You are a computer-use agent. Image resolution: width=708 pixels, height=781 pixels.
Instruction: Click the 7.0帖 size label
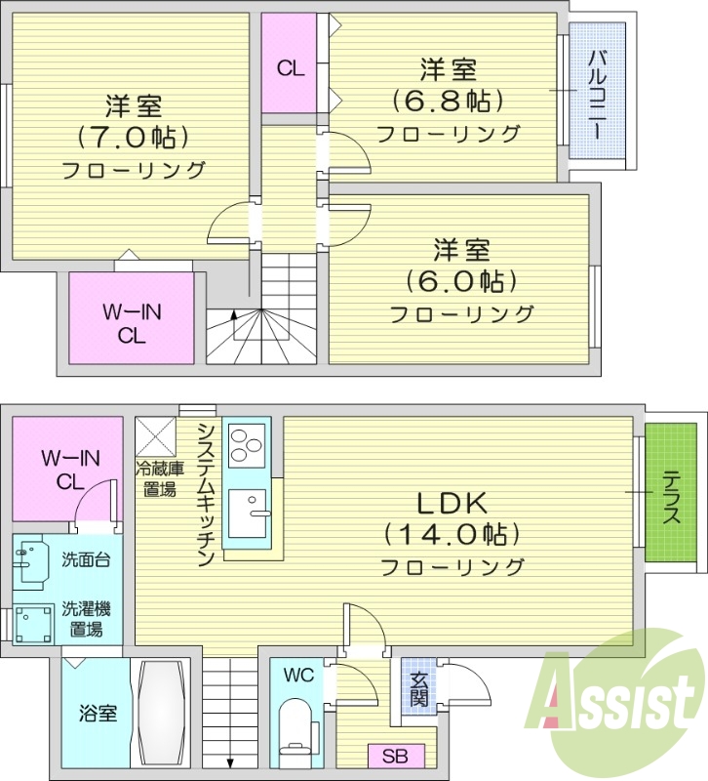[x=134, y=136]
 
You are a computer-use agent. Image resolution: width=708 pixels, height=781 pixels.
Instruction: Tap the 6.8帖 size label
[x=448, y=101]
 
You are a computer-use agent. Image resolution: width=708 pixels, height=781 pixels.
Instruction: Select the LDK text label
[x=452, y=504]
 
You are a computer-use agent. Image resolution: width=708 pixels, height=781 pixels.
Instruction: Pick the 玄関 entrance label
[x=418, y=690]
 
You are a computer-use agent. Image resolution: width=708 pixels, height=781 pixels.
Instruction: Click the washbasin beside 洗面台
[x=32, y=562]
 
